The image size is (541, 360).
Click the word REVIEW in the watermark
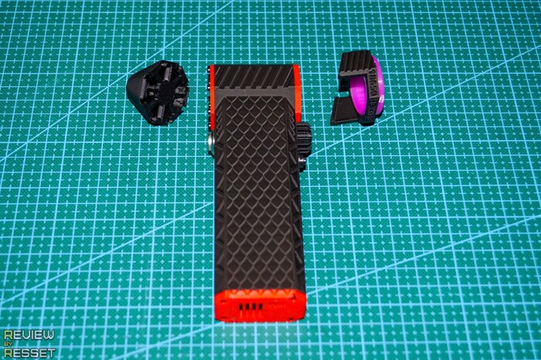29,335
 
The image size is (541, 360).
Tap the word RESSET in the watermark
29,353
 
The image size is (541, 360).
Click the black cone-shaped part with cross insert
158,92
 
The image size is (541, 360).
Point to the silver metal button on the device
210,144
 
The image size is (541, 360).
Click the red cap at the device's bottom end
260,305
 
